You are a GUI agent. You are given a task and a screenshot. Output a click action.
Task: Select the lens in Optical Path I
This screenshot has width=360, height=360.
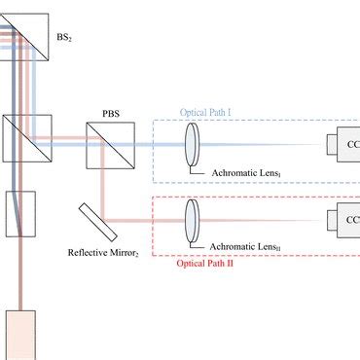tap(190, 143)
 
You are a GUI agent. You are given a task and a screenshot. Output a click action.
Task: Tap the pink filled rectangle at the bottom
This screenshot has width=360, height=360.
tap(19, 335)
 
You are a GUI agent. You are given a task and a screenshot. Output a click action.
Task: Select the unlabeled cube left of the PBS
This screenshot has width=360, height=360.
tap(20, 142)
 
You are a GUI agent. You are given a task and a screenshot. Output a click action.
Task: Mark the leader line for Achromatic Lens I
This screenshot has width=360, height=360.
tap(199, 166)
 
